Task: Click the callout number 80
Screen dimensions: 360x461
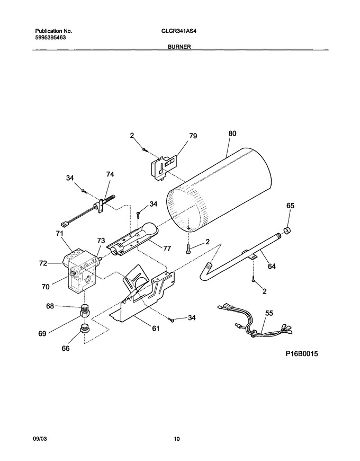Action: coord(232,134)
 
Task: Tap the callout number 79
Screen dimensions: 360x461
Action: coord(193,136)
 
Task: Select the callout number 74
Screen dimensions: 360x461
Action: coord(110,174)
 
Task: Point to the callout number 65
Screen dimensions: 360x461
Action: coord(290,206)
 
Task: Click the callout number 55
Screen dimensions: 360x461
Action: coord(269,313)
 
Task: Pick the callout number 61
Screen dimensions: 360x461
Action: coord(156,329)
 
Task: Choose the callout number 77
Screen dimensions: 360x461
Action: coord(167,249)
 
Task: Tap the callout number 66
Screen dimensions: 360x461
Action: coord(66,348)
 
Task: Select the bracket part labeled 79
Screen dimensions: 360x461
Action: coord(162,166)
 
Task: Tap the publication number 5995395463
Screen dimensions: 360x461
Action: coord(50,37)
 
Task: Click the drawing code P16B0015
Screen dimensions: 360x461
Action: coord(302,353)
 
